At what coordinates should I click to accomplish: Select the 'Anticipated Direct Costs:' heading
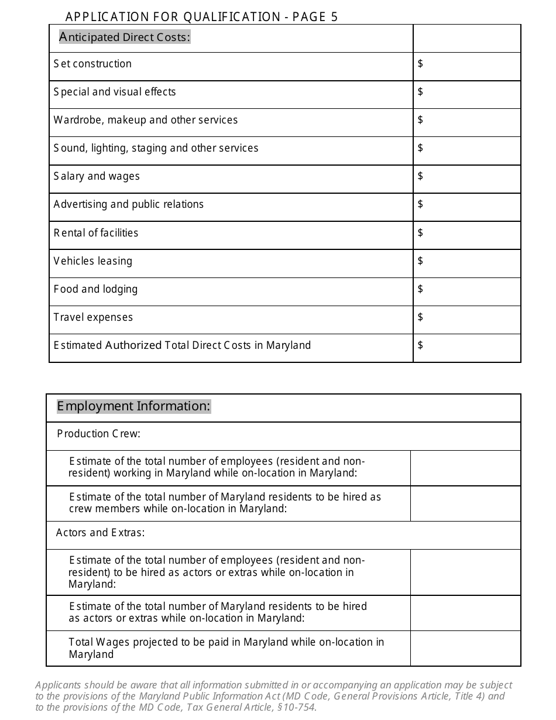[x=125, y=37]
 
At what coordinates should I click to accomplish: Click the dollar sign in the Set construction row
[x=420, y=63]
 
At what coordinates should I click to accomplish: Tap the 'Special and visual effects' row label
[x=115, y=92]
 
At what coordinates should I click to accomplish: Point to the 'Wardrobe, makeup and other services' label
[x=146, y=120]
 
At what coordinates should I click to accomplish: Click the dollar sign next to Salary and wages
[x=420, y=176]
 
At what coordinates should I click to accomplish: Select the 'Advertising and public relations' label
[x=129, y=204]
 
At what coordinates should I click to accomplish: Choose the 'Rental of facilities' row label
[x=96, y=233]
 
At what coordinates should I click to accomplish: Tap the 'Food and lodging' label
[x=95, y=289]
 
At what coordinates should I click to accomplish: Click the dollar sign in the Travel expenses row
[x=420, y=317]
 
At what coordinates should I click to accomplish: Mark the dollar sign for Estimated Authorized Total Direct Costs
[x=420, y=345]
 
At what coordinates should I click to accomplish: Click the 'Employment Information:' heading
[x=133, y=406]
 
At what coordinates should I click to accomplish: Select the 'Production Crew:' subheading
[x=98, y=434]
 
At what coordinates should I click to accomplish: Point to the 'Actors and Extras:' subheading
[x=100, y=533]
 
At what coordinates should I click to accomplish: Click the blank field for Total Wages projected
[x=465, y=648]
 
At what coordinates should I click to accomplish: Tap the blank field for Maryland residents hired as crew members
[x=465, y=503]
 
